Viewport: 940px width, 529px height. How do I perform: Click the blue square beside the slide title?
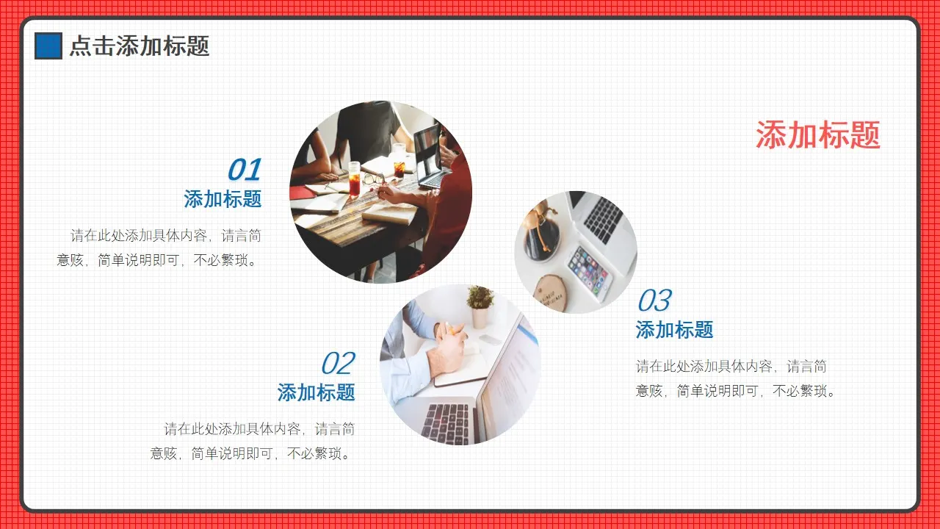[x=48, y=46]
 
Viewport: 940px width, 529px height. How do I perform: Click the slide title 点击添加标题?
[x=139, y=46]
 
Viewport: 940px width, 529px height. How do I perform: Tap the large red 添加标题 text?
[x=817, y=135]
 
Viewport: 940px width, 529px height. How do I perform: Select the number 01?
[x=244, y=170]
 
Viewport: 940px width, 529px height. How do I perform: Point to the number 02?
[x=337, y=364]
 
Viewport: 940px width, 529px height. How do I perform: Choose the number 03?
[x=654, y=301]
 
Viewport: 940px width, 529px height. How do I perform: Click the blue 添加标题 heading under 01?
[x=223, y=199]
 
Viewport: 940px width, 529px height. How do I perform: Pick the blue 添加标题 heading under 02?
[x=316, y=392]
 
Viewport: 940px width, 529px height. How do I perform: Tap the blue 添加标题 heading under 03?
[x=674, y=330]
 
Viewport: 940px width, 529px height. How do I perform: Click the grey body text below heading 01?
[x=159, y=248]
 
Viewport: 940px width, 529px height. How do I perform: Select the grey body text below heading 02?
[x=253, y=441]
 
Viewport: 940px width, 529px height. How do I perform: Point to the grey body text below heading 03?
[x=736, y=378]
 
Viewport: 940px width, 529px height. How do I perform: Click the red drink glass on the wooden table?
[x=355, y=179]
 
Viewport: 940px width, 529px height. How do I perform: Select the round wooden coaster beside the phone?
[x=552, y=292]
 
